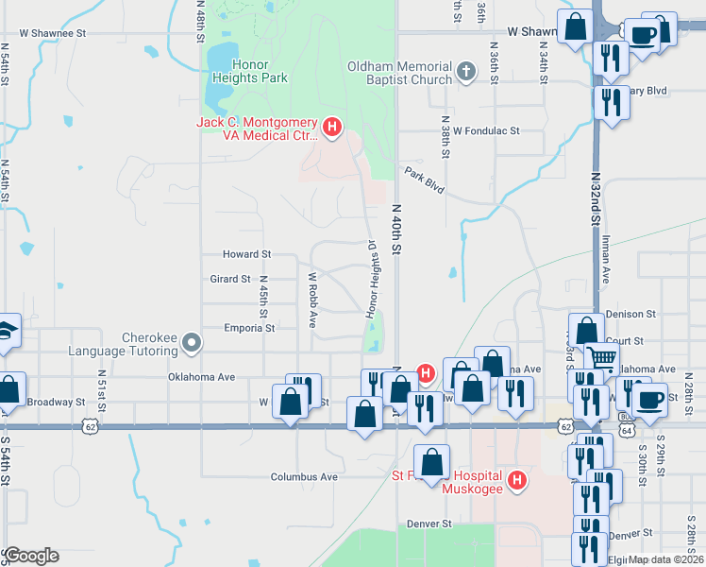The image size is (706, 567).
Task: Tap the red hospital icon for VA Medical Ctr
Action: pos(331,126)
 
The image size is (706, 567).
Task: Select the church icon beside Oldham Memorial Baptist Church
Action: pos(465,70)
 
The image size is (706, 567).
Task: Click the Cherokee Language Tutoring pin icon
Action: pos(192,342)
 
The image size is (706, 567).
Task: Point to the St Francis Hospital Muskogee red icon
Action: pos(516,481)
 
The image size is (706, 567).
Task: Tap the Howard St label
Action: pos(246,254)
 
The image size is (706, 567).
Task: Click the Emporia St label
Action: pos(249,328)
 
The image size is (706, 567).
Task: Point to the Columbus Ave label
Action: pos(304,477)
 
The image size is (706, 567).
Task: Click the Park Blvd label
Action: pos(425,180)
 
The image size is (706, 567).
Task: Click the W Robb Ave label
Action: pos(311,301)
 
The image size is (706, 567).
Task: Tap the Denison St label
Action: pos(630,314)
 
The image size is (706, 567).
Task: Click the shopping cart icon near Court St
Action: pos(602,357)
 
